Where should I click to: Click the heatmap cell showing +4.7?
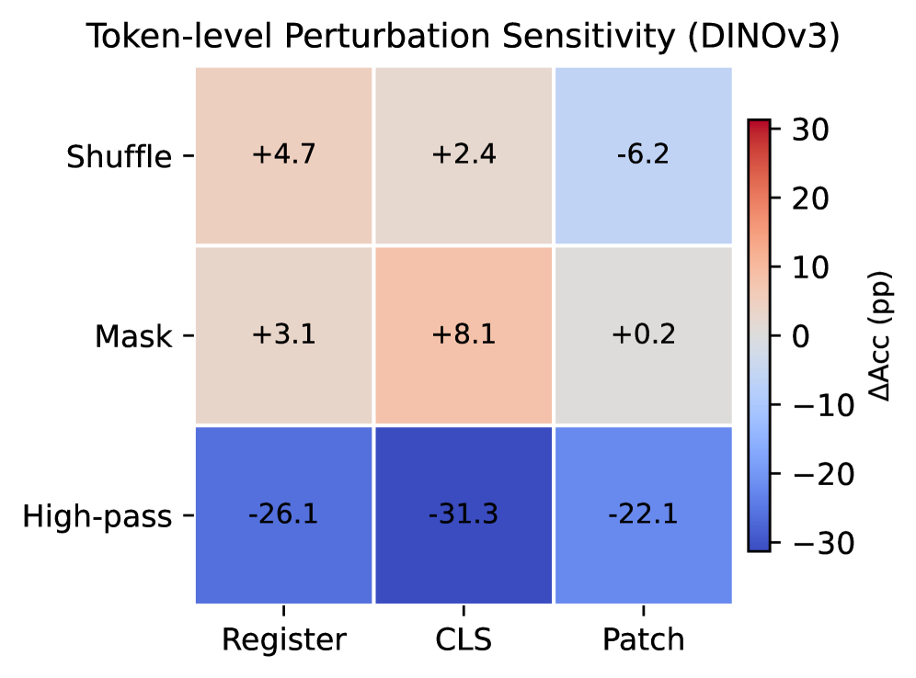[284, 155]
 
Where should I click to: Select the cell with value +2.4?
[464, 155]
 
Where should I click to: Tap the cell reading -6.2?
[643, 155]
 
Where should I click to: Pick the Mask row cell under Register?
[284, 335]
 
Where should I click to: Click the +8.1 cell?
[464, 335]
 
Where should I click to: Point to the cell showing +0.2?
[643, 335]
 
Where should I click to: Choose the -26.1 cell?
[284, 514]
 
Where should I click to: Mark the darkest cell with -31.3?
[464, 514]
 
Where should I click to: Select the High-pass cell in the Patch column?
[643, 514]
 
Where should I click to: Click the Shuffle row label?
[120, 156]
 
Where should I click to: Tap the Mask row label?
[133, 336]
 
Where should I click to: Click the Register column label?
[284, 639]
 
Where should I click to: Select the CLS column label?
[464, 638]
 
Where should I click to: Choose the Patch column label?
[643, 638]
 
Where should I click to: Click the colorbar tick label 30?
[810, 130]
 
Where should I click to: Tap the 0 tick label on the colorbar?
[801, 336]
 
